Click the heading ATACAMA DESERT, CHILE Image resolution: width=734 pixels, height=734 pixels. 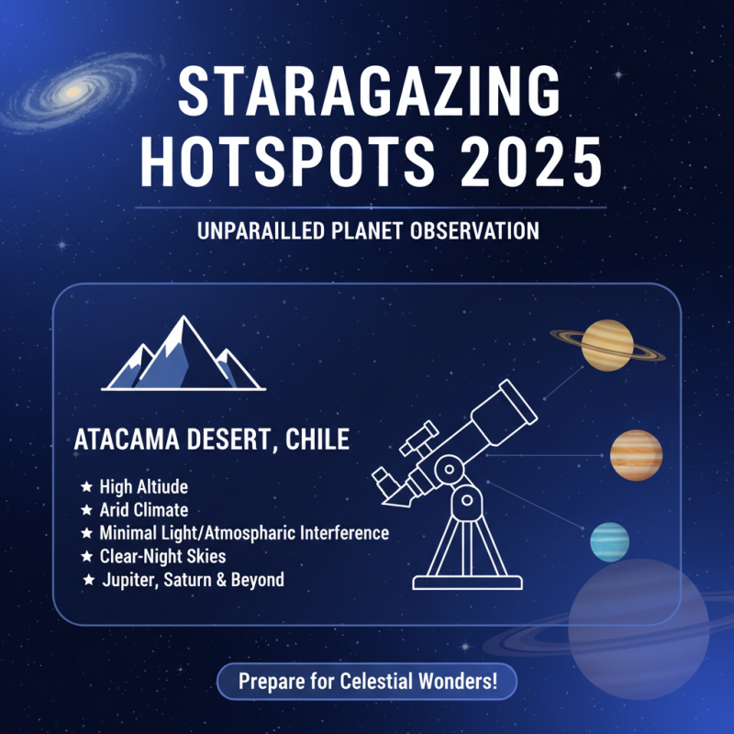click(212, 439)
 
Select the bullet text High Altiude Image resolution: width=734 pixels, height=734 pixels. click(143, 486)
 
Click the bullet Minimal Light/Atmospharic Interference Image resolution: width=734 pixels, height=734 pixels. click(244, 533)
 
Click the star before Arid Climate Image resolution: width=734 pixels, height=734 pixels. click(86, 509)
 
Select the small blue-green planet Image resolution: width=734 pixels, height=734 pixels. click(609, 542)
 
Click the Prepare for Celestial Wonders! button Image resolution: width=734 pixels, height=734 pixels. click(367, 683)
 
